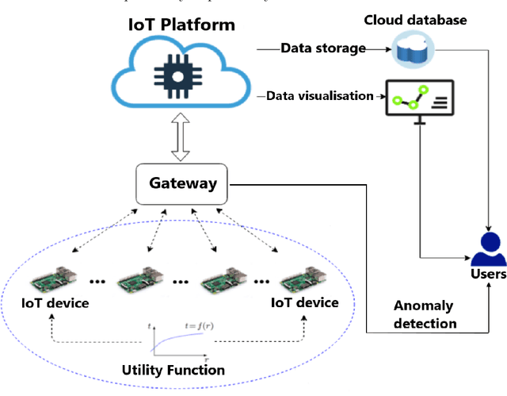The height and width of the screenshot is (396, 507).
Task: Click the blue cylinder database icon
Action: click(x=411, y=52)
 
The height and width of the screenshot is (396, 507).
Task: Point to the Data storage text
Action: click(x=322, y=48)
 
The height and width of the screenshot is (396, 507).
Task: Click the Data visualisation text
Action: click(x=319, y=96)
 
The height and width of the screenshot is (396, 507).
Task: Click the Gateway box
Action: click(x=184, y=183)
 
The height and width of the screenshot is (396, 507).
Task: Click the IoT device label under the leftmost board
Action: click(x=55, y=303)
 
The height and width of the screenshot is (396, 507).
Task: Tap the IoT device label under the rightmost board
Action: click(x=305, y=303)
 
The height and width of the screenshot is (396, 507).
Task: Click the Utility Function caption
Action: click(x=173, y=370)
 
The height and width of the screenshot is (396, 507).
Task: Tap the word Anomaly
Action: click(x=425, y=306)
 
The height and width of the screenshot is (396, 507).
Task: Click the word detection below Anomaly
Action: click(x=425, y=323)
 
